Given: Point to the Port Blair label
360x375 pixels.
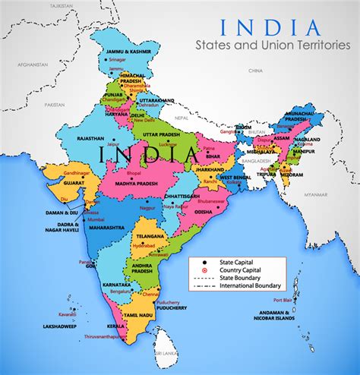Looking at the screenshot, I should click(x=283, y=300).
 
